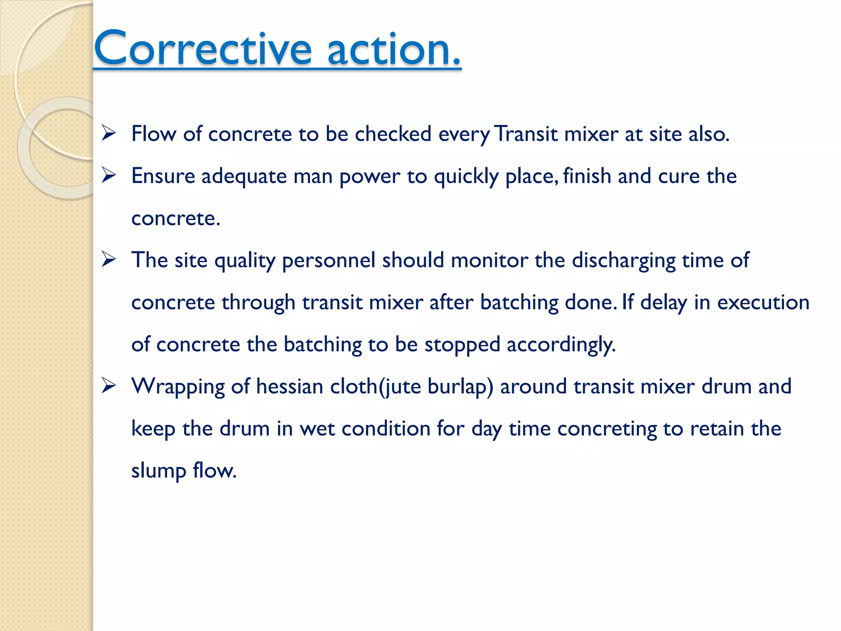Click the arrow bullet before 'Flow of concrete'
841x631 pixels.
coord(109,134)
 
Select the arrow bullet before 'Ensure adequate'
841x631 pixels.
coord(109,176)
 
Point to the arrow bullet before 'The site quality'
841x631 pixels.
coord(109,260)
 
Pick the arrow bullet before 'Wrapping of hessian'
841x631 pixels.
coord(109,386)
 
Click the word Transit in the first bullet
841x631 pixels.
coord(526,134)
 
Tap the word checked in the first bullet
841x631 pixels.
coord(393,134)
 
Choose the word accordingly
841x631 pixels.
coord(561,345)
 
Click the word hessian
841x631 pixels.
coord(290,387)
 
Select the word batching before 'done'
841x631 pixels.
coord(519,302)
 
